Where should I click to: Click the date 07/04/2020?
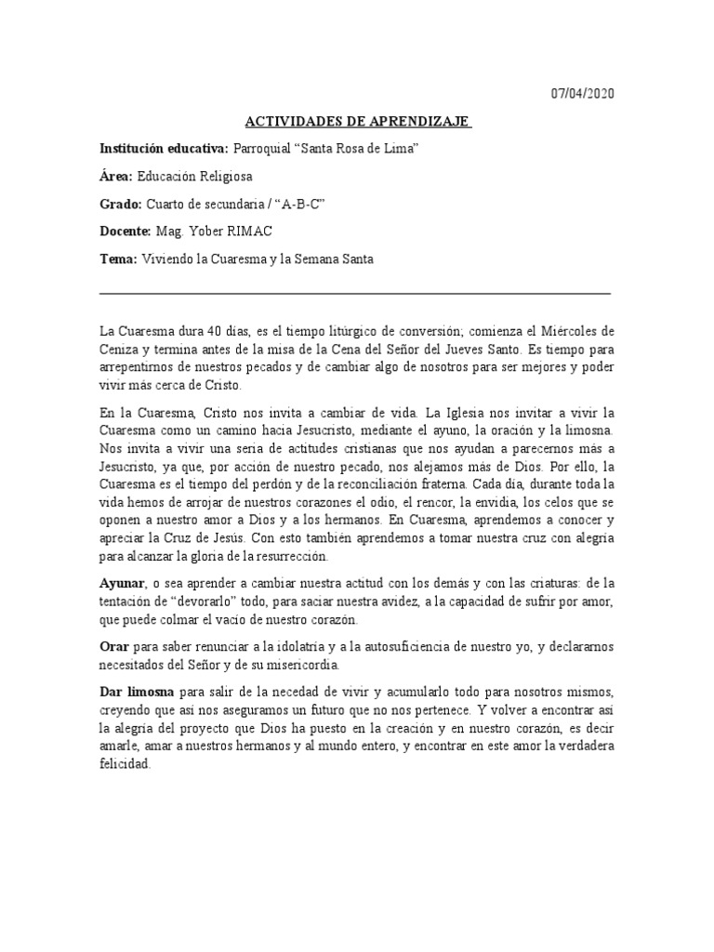tap(583, 95)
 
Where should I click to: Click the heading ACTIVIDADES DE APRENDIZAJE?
tap(358, 122)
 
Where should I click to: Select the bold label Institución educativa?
tap(164, 149)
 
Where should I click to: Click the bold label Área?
tap(116, 177)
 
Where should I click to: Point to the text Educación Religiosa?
tap(194, 177)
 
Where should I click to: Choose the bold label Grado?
tap(121, 205)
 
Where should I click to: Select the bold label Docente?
tap(125, 231)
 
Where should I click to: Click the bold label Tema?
tap(118, 259)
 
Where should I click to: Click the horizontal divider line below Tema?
tap(356, 293)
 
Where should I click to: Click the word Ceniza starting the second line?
tap(120, 350)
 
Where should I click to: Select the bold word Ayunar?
tap(124, 582)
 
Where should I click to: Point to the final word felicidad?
tap(124, 764)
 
